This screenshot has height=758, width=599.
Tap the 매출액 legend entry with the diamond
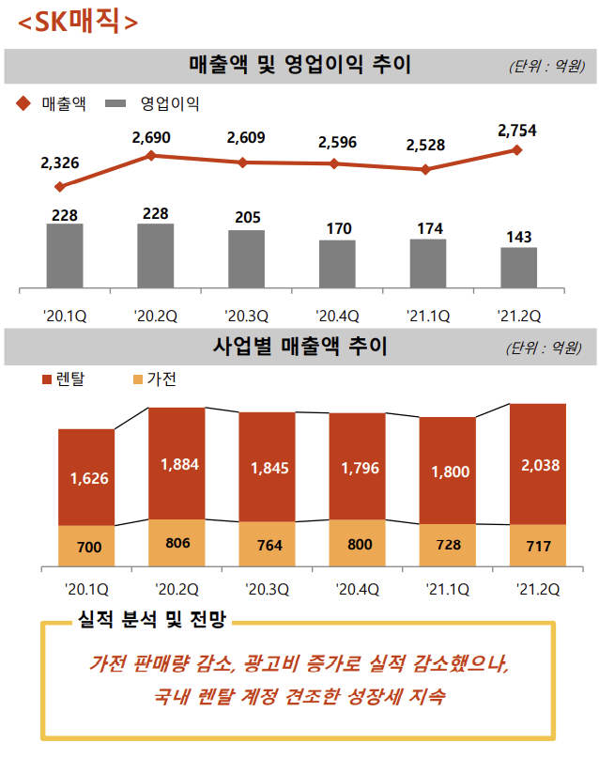coord(53,103)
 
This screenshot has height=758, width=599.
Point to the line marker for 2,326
coord(60,187)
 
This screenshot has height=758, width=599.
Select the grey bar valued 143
coord(518,268)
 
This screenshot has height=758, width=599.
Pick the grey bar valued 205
coord(246,258)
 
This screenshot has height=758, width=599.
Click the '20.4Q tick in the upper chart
coord(337,316)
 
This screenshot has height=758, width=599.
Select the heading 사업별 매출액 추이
coord(299,347)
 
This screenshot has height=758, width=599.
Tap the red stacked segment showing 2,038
coord(537,464)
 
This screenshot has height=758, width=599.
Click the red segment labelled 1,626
coord(86,477)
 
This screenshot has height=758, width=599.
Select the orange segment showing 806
coord(177,542)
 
